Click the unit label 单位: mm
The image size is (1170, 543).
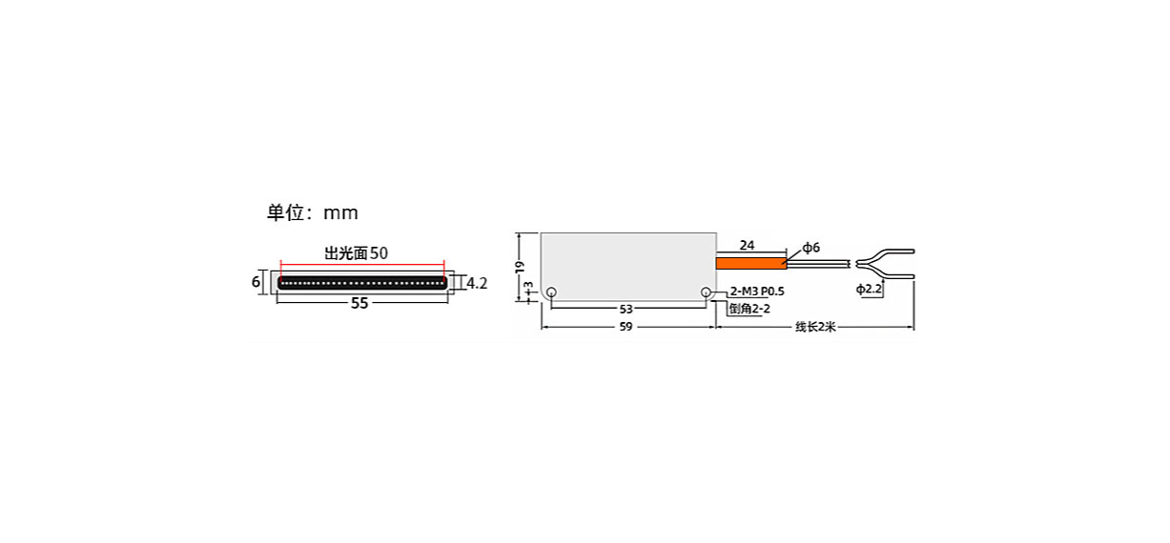pyautogui.click(x=313, y=212)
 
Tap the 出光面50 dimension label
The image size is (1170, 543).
pyautogui.click(x=357, y=253)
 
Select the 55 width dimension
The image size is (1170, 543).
pyautogui.click(x=359, y=303)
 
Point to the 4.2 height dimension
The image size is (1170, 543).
pyautogui.click(x=477, y=283)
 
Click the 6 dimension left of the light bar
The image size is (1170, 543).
pyautogui.click(x=256, y=282)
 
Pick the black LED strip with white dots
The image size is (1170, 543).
pyautogui.click(x=362, y=283)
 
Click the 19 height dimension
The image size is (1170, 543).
pyautogui.click(x=519, y=267)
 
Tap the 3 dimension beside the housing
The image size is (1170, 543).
pyautogui.click(x=528, y=286)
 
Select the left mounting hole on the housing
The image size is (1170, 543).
pyautogui.click(x=551, y=292)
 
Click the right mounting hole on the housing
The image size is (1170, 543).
pyautogui.click(x=706, y=292)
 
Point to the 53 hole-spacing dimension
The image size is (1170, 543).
pyautogui.click(x=626, y=310)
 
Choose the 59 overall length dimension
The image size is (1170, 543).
pyautogui.click(x=626, y=327)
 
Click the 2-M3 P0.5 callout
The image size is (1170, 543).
pyautogui.click(x=757, y=292)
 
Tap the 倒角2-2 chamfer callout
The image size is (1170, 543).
pyautogui.click(x=749, y=309)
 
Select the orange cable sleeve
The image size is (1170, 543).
pyautogui.click(x=751, y=264)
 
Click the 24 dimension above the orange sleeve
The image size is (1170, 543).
pyautogui.click(x=747, y=245)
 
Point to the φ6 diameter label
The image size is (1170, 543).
pyautogui.click(x=811, y=248)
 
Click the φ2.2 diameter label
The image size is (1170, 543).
pyautogui.click(x=869, y=289)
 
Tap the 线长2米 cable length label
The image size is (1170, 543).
pyautogui.click(x=815, y=327)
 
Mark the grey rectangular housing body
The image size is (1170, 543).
pyautogui.click(x=628, y=267)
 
